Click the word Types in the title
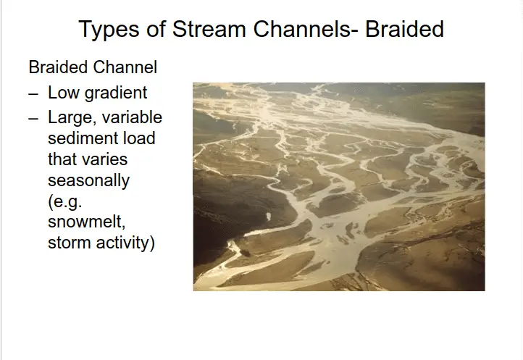pyautogui.click(x=109, y=30)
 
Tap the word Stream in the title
pyautogui.click(x=209, y=29)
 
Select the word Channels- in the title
pyautogui.click(x=306, y=29)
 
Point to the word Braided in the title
pyautogui.click(x=405, y=29)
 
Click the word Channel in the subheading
pyautogui.click(x=125, y=67)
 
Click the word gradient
pyautogui.click(x=116, y=93)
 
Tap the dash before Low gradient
pyautogui.click(x=33, y=94)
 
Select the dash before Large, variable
pyautogui.click(x=33, y=119)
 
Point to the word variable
pyautogui.click(x=132, y=117)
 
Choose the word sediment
pyautogui.click(x=82, y=138)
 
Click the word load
pyautogui.click(x=139, y=138)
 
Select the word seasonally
pyautogui.click(x=88, y=181)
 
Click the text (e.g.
pyautogui.click(x=65, y=202)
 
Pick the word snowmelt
pyautogui.click(x=87, y=222)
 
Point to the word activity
pyautogui.click(x=125, y=243)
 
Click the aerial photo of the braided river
pyautogui.click(x=339, y=186)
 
